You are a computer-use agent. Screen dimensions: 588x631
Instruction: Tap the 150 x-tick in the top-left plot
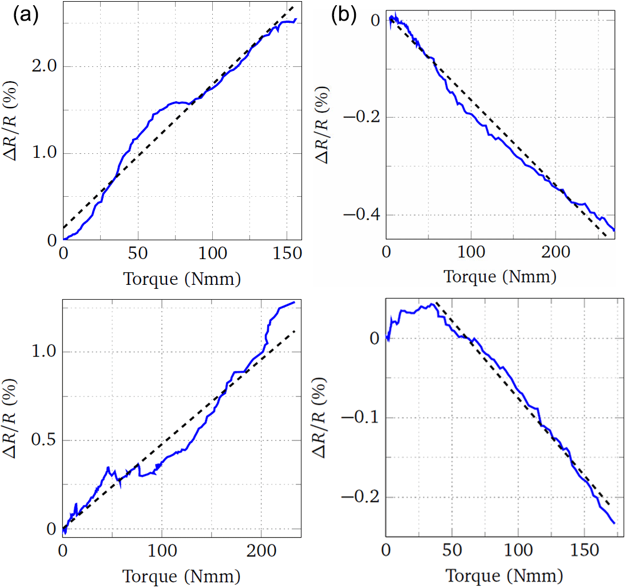click(286, 253)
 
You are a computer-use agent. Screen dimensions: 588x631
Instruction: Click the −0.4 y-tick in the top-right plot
click(358, 215)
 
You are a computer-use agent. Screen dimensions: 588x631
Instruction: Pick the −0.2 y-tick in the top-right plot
click(358, 118)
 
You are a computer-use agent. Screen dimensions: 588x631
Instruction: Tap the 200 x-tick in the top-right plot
click(555, 253)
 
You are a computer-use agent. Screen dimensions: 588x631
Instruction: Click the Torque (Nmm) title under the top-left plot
click(181, 279)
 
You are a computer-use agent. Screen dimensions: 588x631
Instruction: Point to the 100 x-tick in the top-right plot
click(470, 253)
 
